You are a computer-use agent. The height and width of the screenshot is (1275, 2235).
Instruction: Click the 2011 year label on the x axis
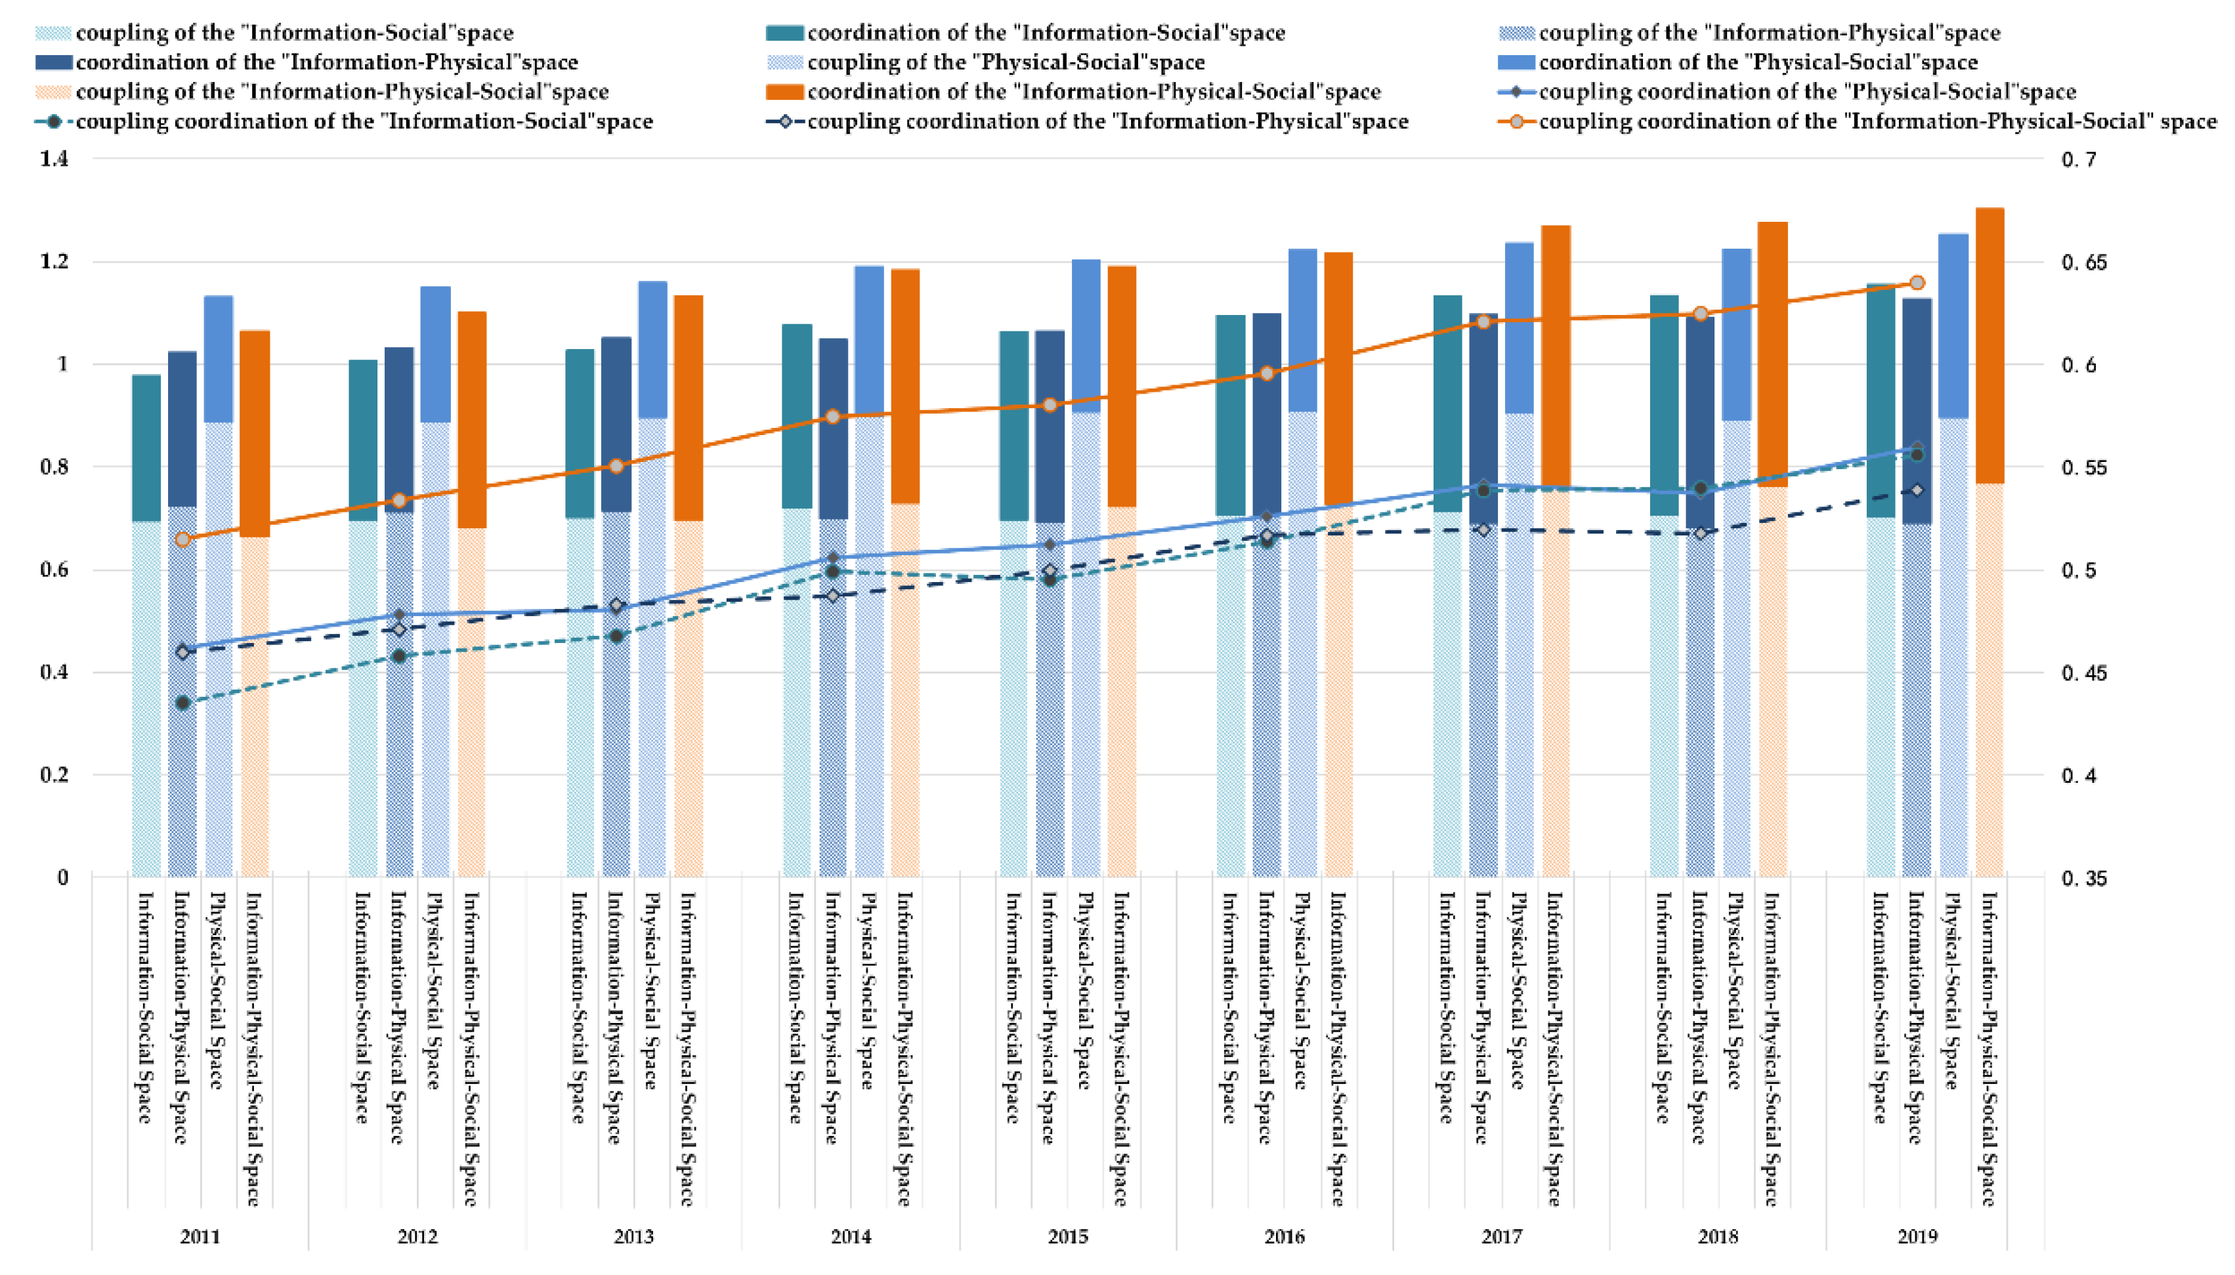point(200,1236)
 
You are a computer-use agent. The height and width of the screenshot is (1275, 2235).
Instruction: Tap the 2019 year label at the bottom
point(1917,1236)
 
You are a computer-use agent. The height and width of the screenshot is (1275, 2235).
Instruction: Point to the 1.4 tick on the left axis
point(54,159)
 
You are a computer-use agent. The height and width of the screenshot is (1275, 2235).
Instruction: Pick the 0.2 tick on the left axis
point(54,775)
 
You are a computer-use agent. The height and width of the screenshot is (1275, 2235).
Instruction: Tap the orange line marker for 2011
point(183,539)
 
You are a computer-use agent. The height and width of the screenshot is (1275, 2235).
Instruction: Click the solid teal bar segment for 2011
point(146,448)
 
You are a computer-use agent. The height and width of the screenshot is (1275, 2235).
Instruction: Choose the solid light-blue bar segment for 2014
point(869,341)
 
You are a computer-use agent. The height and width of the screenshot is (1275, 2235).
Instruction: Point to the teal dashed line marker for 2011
point(183,702)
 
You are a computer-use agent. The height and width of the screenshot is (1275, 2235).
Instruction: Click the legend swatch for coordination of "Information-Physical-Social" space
point(784,92)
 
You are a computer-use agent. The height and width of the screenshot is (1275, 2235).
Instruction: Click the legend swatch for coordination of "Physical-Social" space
point(1516,62)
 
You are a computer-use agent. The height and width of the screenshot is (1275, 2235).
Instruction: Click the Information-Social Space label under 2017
point(1446,1007)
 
